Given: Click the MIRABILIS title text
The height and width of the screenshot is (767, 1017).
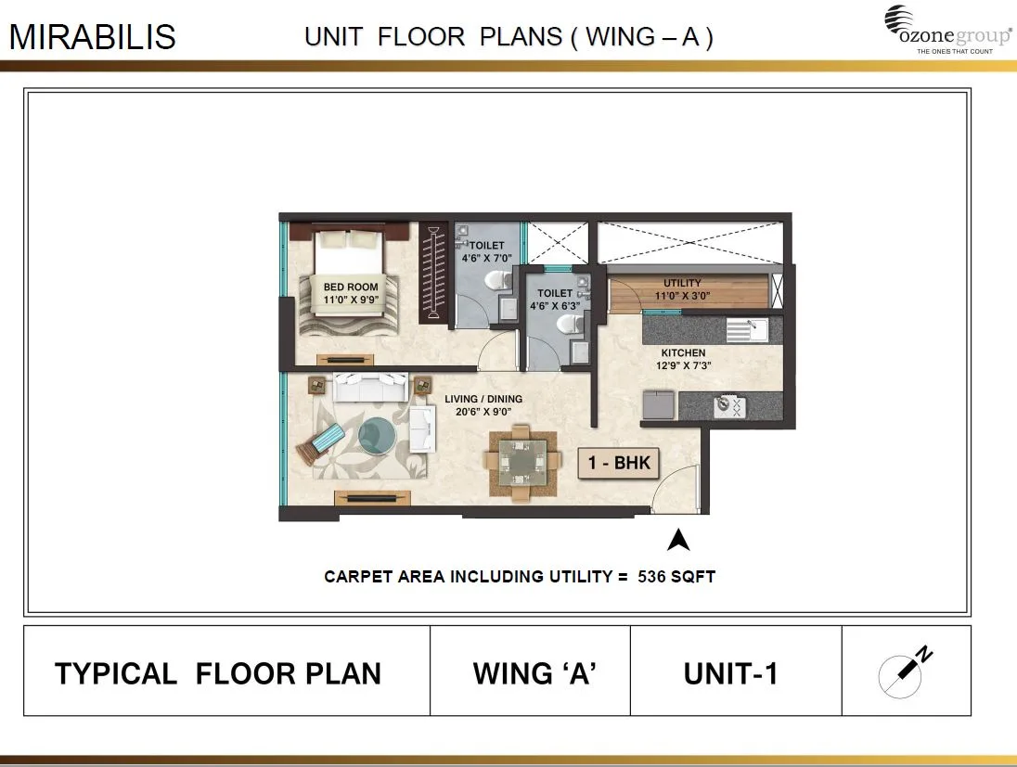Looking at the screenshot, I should (92, 37).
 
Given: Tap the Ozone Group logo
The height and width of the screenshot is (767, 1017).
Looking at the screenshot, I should (947, 30).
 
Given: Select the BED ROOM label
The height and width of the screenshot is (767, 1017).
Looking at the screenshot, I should (350, 288).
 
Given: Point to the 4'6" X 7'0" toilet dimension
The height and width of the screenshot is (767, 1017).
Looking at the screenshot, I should (486, 259).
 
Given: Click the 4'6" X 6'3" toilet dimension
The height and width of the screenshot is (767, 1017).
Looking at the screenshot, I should (556, 305).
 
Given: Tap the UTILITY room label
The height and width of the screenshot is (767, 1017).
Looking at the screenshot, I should (682, 283).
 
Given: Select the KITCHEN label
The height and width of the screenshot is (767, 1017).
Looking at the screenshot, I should (683, 353).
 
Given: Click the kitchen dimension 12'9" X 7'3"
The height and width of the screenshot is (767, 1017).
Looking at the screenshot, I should (683, 365).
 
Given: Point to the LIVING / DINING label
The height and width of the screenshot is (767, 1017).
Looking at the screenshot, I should (483, 399).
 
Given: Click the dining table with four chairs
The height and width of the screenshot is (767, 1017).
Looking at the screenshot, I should (521, 460).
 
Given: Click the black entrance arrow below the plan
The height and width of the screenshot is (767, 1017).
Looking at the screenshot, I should (678, 540).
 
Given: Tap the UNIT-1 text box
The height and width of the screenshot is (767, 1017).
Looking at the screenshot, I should (730, 673).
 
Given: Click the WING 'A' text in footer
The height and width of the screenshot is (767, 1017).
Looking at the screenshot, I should (534, 673).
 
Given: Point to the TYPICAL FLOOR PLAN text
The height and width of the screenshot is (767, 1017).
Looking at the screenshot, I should (218, 673).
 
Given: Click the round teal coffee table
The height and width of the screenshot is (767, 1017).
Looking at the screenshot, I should (376, 433).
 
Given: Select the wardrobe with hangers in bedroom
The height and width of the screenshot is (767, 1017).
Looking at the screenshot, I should (432, 274).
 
